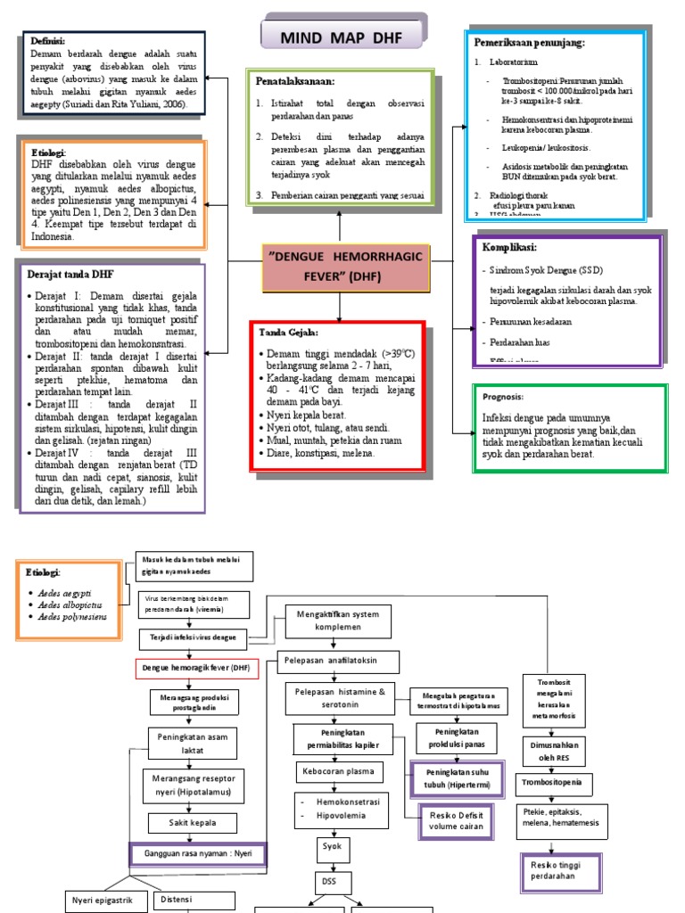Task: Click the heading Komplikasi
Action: [509, 247]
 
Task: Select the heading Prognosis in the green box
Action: [504, 397]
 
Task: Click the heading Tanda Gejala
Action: [288, 333]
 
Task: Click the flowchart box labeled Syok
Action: [331, 845]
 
